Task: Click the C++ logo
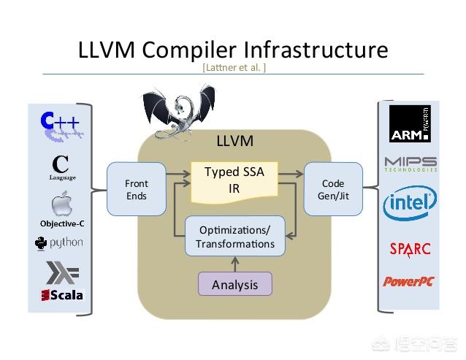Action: pyautogui.click(x=61, y=126)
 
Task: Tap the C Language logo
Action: pyautogui.click(x=62, y=167)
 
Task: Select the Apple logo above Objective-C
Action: pyautogui.click(x=62, y=204)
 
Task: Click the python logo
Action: pyautogui.click(x=59, y=244)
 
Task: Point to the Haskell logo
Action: pyautogui.click(x=62, y=272)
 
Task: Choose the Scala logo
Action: pyautogui.click(x=62, y=295)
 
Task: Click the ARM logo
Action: pyautogui.click(x=410, y=123)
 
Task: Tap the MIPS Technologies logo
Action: pyautogui.click(x=410, y=164)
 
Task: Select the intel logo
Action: pyautogui.click(x=410, y=203)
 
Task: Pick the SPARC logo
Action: pyautogui.click(x=410, y=250)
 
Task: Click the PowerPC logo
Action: pyautogui.click(x=409, y=281)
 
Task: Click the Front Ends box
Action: pyautogui.click(x=137, y=189)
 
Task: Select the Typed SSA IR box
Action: pyautogui.click(x=234, y=182)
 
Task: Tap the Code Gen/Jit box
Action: pyautogui.click(x=333, y=189)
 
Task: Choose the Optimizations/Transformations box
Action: pyautogui.click(x=235, y=237)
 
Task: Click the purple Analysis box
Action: pyautogui.click(x=235, y=284)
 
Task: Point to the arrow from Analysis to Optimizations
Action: pyautogui.click(x=235, y=264)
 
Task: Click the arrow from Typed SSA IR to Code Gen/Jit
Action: pyautogui.click(x=291, y=174)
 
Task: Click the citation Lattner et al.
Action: pyautogui.click(x=234, y=67)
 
